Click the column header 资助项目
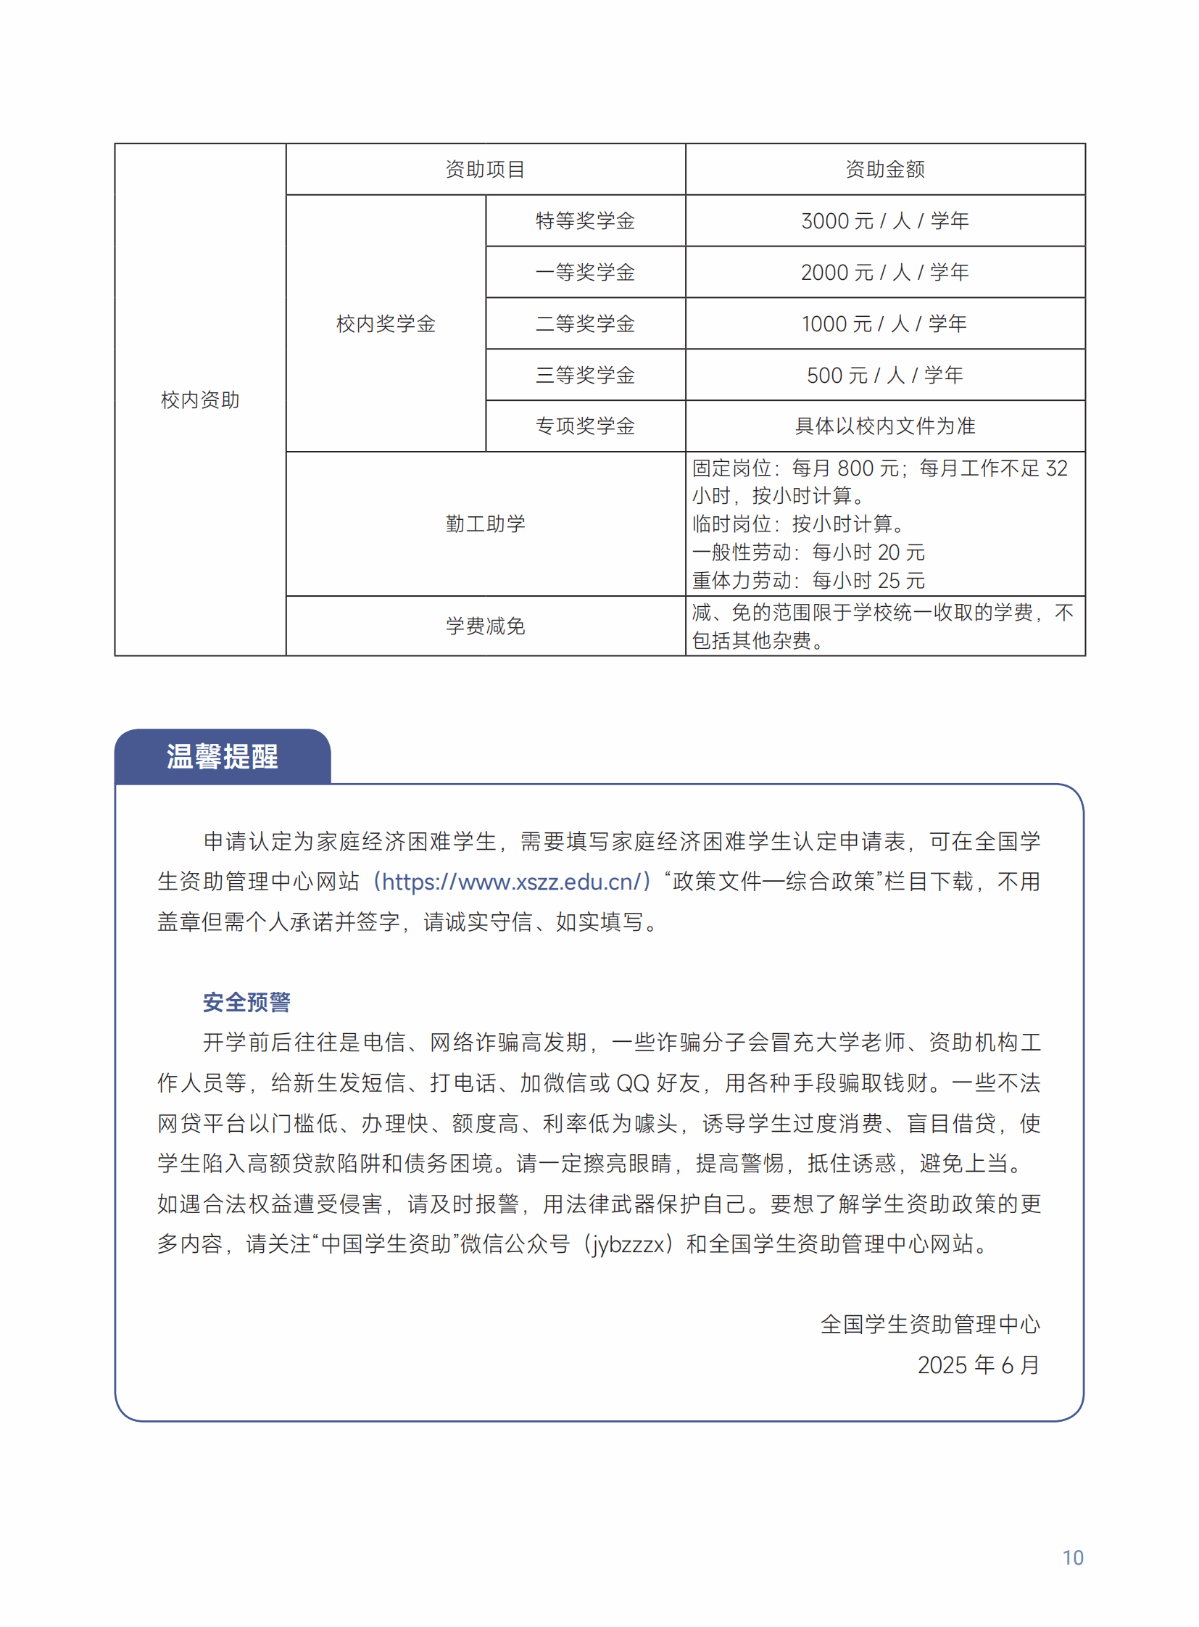click(485, 170)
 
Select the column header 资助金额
click(884, 170)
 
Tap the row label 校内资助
click(199, 400)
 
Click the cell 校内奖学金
click(386, 324)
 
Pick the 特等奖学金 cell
click(585, 220)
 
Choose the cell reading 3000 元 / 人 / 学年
click(884, 220)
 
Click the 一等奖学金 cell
click(585, 273)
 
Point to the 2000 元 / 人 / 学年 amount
click(884, 273)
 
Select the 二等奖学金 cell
click(585, 324)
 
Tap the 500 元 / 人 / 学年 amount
click(884, 376)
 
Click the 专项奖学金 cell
click(585, 426)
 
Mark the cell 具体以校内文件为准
click(884, 426)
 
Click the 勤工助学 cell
click(485, 524)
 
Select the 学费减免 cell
click(485, 626)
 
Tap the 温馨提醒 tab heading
click(222, 756)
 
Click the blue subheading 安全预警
click(246, 1003)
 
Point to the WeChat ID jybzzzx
click(628, 1244)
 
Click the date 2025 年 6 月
click(978, 1366)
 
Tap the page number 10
click(1073, 1558)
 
